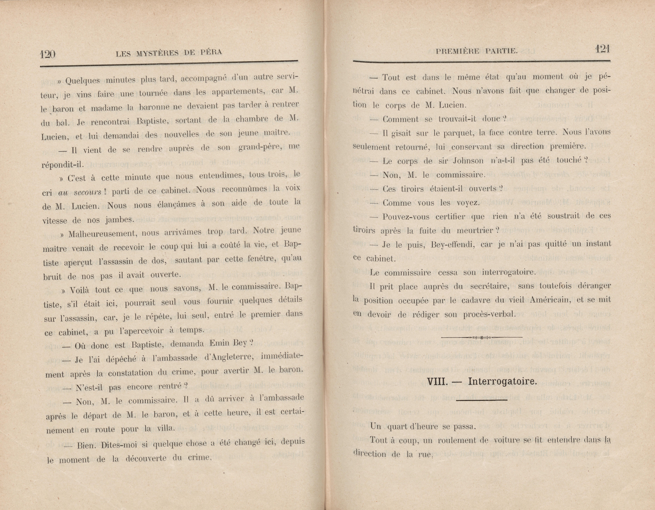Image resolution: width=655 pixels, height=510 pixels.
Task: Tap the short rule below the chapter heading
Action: (x=481, y=400)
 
